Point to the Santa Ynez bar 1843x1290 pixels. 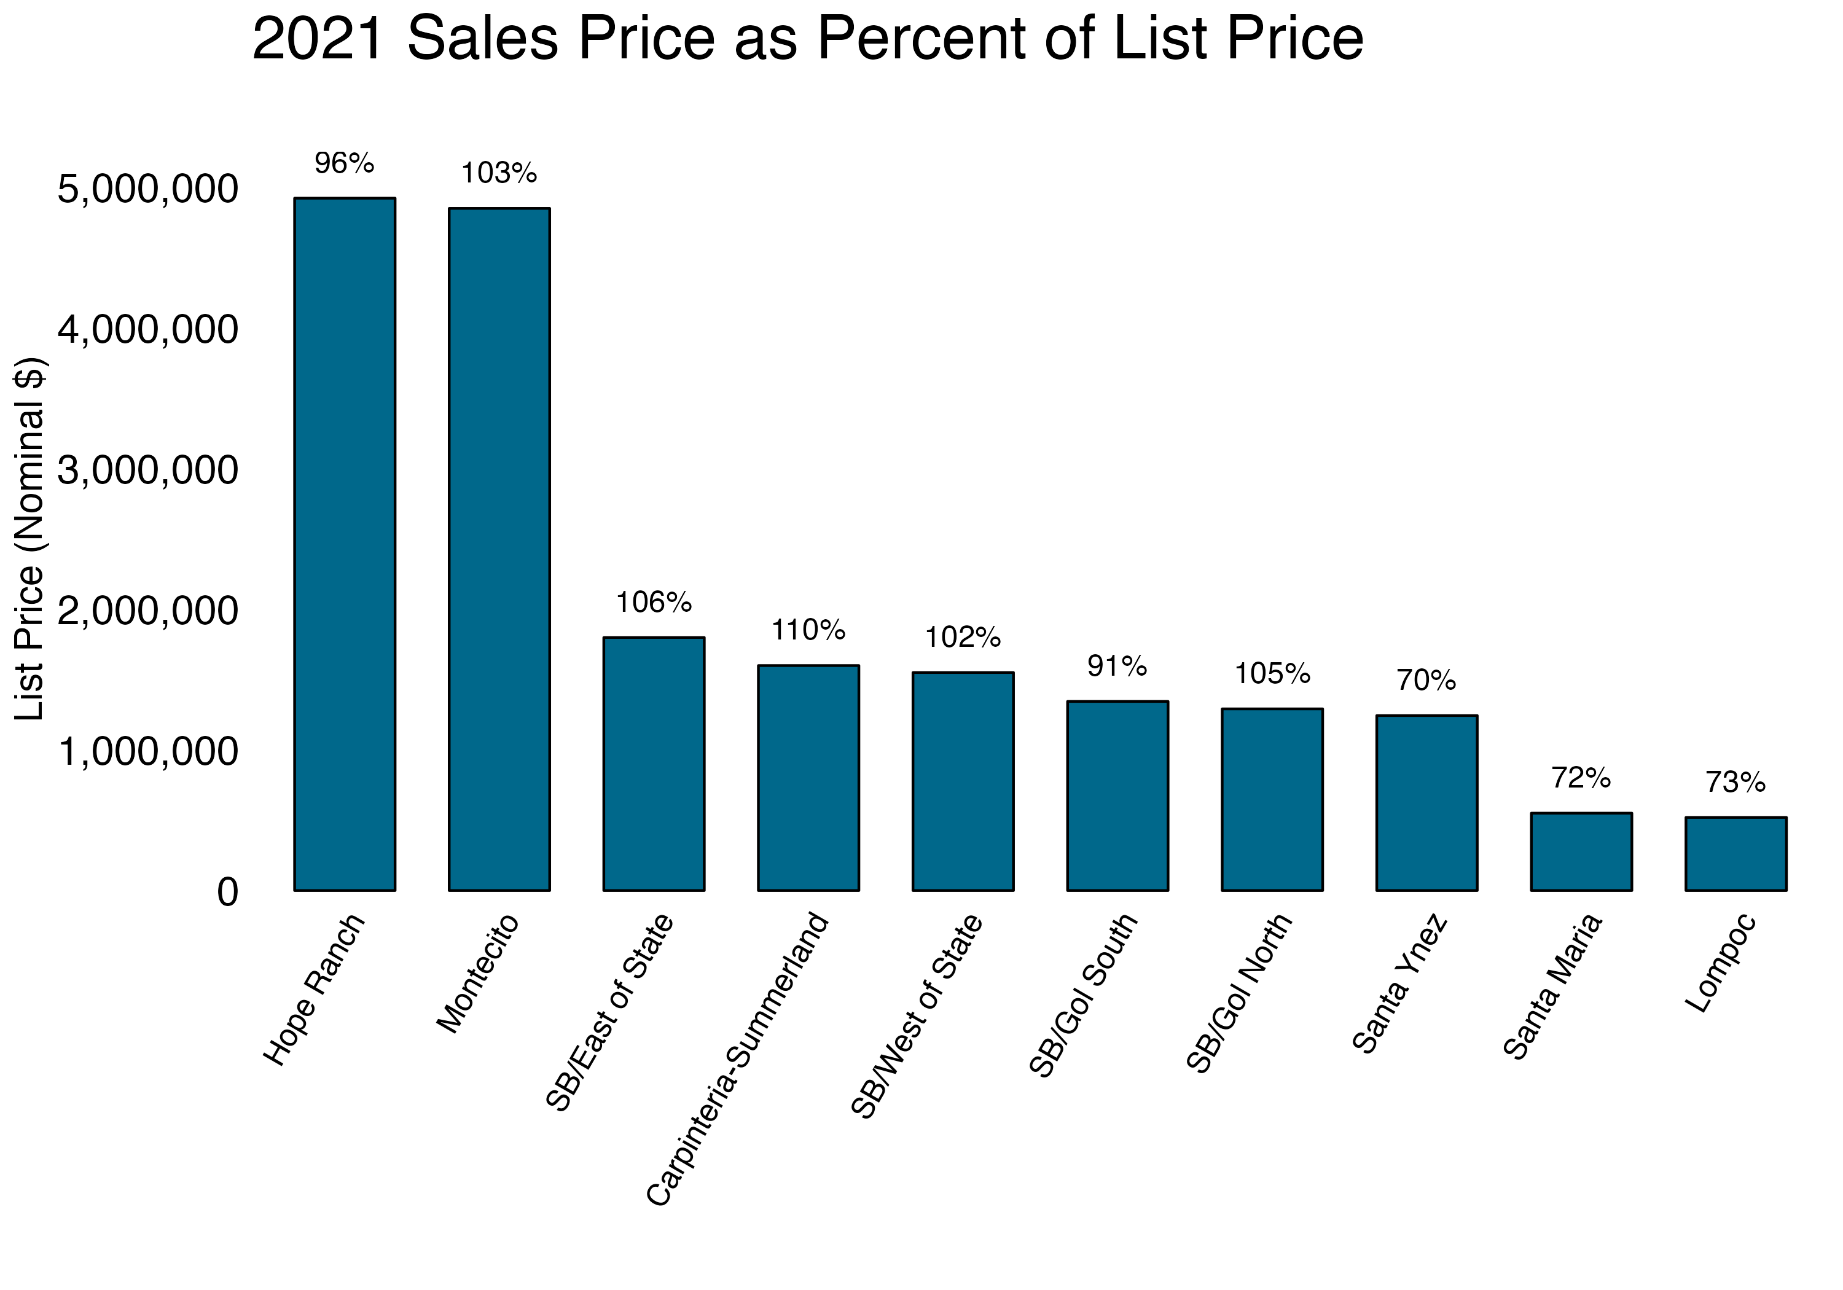coord(1426,803)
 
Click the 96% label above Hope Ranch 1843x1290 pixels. coord(345,164)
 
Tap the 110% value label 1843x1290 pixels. coord(808,630)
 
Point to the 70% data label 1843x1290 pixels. coord(1426,681)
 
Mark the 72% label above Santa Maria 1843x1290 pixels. coord(1581,778)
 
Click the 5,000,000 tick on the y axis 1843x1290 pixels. coord(149,190)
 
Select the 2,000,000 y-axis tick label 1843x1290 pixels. coord(149,612)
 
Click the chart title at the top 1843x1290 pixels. coord(807,39)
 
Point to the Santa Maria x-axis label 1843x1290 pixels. coord(1552,987)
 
